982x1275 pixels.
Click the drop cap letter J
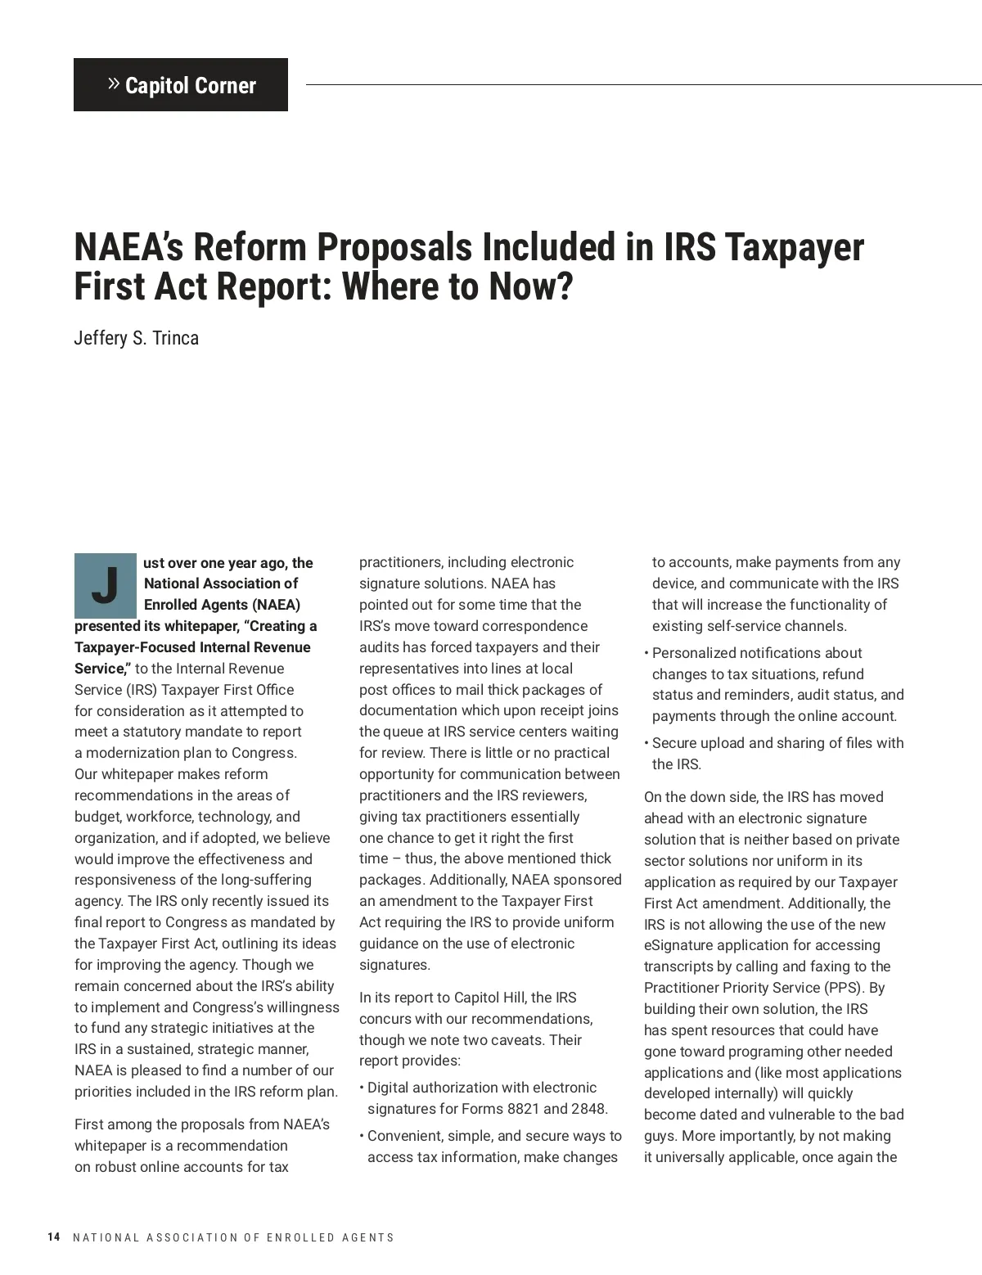tap(105, 585)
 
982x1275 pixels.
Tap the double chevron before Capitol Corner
tap(114, 84)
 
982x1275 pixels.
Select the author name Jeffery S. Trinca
tap(136, 338)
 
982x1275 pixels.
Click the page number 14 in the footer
tap(54, 1237)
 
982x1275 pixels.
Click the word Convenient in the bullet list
tap(403, 1136)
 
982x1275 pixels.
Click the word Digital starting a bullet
tap(390, 1088)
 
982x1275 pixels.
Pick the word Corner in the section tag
tap(225, 86)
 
